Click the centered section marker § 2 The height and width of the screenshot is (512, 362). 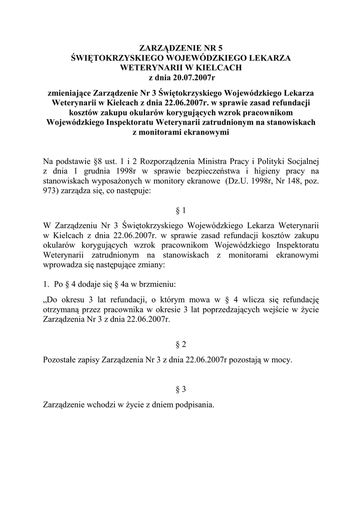(x=181, y=344)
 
